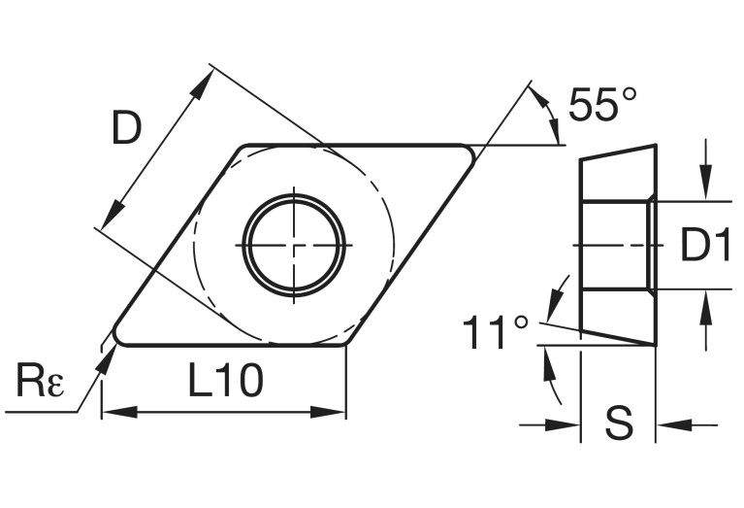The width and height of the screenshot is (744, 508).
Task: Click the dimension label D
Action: [x=126, y=127]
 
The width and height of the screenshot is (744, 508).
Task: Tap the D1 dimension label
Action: [x=703, y=247]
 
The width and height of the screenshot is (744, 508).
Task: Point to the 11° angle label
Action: [x=496, y=333]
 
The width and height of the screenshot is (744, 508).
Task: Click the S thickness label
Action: [x=618, y=423]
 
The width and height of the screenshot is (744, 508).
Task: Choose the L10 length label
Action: [x=224, y=381]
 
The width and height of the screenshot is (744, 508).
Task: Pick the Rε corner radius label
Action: [x=40, y=381]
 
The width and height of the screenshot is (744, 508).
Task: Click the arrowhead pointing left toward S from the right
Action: [x=669, y=424]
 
